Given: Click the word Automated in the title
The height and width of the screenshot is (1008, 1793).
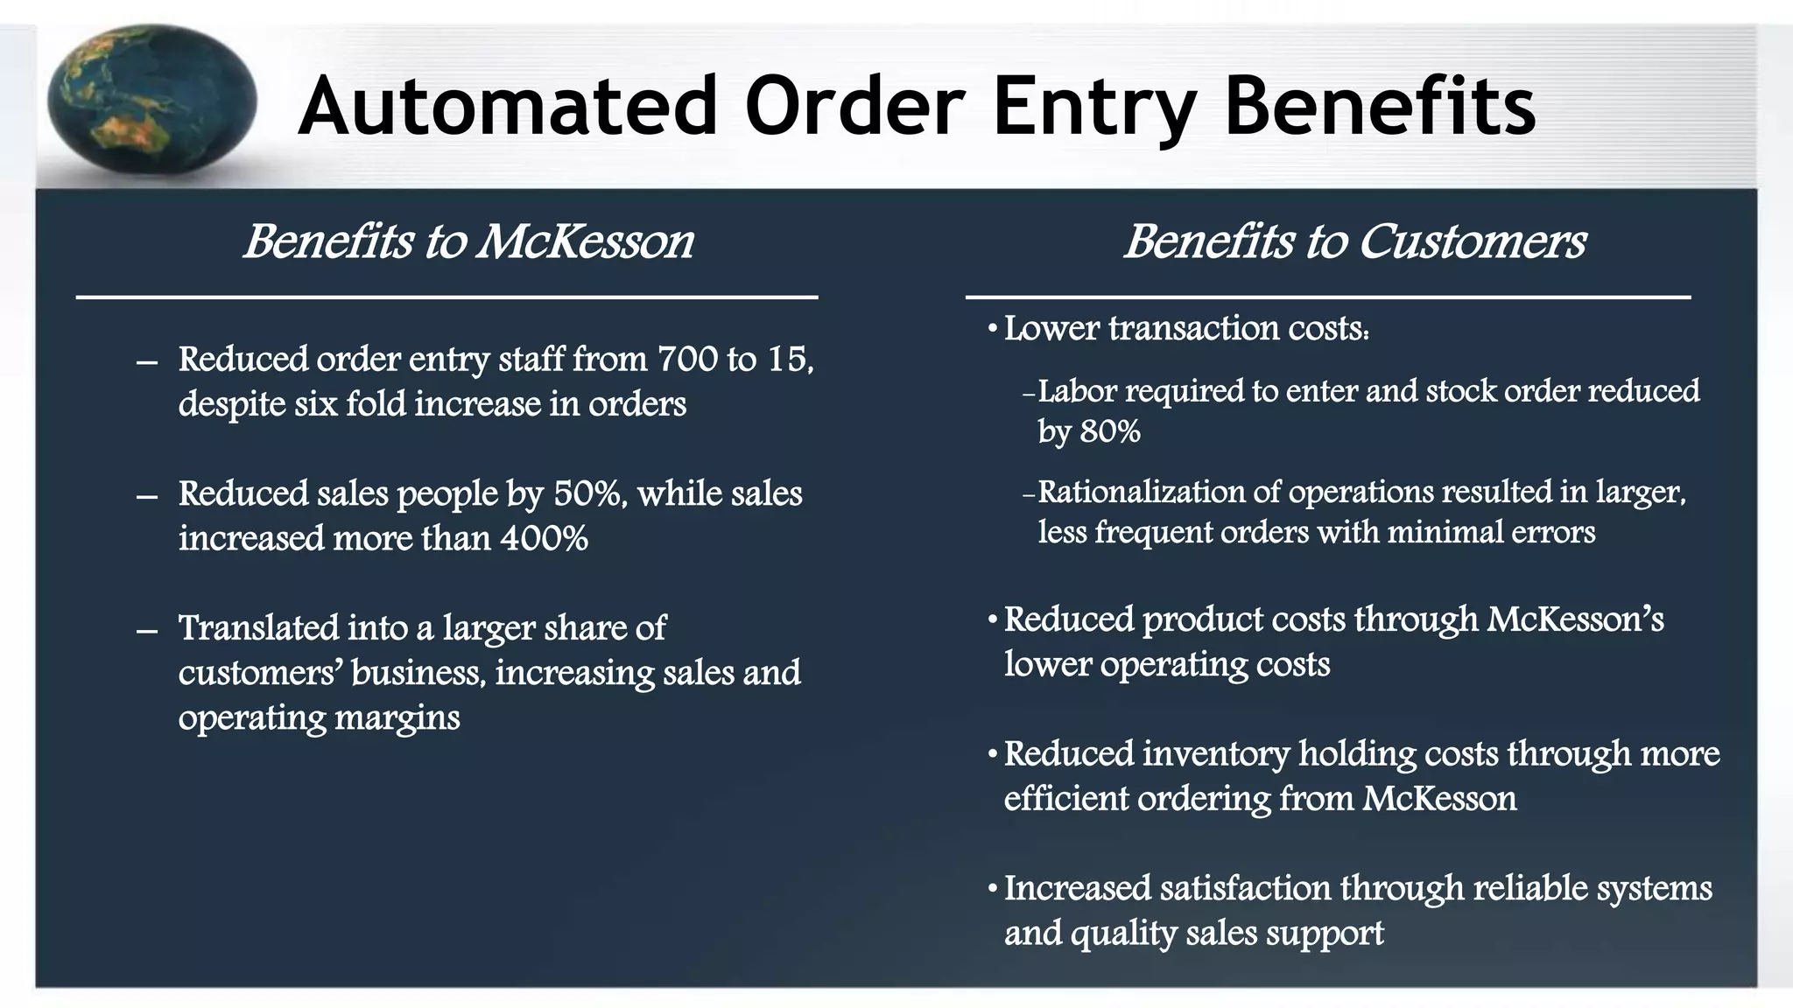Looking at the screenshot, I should (x=508, y=107).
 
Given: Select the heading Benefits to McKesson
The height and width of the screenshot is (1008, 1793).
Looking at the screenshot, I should (x=468, y=241).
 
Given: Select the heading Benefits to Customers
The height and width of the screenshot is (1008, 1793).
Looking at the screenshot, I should (x=1354, y=241).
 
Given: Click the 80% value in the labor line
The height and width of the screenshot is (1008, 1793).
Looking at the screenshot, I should (x=1110, y=431).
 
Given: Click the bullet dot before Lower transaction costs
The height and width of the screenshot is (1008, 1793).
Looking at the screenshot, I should (x=992, y=330).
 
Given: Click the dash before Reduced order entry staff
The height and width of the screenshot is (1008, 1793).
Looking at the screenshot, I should (x=147, y=361).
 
